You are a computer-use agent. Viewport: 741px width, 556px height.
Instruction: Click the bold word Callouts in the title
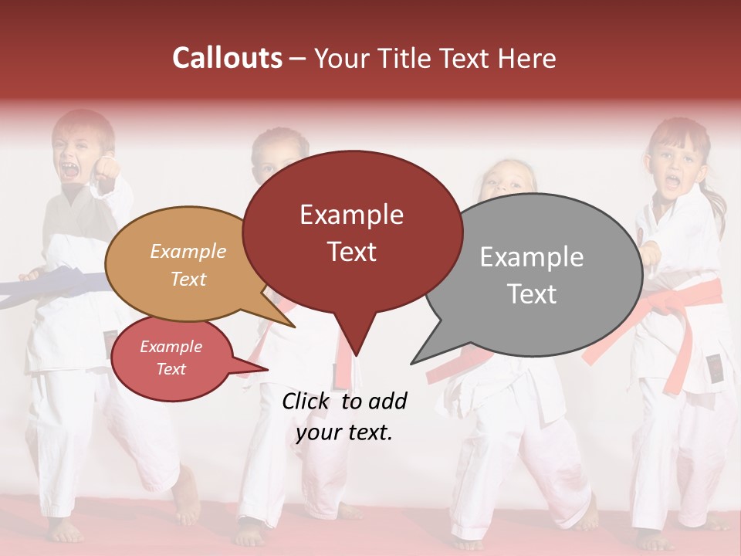227,58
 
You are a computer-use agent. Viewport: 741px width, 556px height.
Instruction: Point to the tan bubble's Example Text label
188,265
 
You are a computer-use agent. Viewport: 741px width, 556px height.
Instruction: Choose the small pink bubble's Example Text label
171,358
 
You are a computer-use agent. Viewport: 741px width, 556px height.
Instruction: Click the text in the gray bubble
531,275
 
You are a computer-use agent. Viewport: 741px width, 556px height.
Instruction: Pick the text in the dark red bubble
351,232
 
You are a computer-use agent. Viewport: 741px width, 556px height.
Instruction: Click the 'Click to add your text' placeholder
343,417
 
